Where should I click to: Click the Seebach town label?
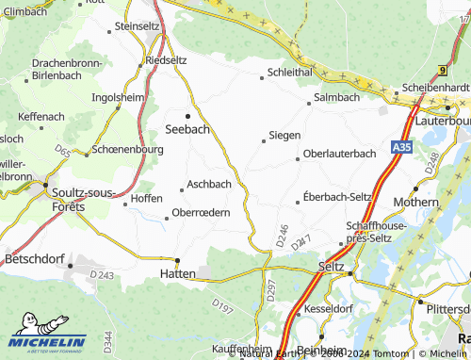pos(187,129)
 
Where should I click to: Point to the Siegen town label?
pos(284,136)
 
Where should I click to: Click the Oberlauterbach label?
pos(339,154)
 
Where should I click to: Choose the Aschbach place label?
pos(209,184)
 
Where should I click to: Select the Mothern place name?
pos(415,203)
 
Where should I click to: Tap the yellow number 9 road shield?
pos(444,71)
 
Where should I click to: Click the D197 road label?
pos(223,307)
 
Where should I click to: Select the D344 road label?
pos(106,335)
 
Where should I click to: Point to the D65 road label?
pos(62,151)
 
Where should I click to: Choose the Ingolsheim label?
pos(119,97)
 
